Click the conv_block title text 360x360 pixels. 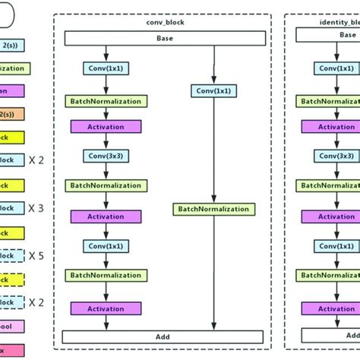click(166, 22)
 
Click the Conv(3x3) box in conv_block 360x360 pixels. click(106, 156)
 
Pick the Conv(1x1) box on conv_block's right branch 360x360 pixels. click(212, 91)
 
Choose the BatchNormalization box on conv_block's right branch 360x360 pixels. click(212, 209)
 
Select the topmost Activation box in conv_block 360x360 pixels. click(106, 127)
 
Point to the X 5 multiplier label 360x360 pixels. click(36, 255)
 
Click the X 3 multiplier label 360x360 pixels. click(36, 208)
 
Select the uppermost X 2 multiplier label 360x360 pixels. click(36, 160)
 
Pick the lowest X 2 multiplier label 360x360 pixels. click(36, 302)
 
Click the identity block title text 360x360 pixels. click(334, 22)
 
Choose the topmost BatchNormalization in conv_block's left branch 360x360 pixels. click(106, 100)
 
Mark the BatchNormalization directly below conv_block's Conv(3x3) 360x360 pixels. click(106, 185)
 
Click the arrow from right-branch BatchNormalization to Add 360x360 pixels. click(212, 273)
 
